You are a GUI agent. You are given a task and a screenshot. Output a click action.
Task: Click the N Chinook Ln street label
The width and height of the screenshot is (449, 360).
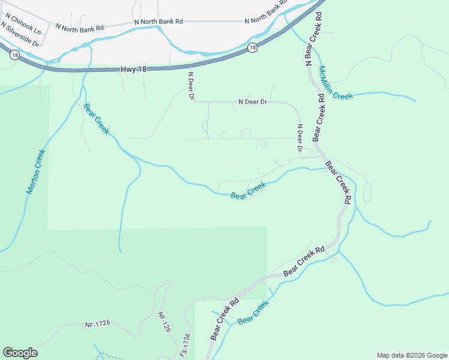click(x=22, y=28)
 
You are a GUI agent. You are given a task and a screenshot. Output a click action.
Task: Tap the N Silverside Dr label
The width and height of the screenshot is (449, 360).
click(x=19, y=36)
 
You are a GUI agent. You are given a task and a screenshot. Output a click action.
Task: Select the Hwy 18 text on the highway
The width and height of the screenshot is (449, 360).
click(x=134, y=70)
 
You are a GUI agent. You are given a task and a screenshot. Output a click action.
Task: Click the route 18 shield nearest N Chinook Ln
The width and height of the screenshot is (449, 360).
click(x=14, y=55)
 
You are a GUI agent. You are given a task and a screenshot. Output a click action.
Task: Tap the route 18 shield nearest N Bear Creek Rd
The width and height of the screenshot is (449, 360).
click(x=253, y=47)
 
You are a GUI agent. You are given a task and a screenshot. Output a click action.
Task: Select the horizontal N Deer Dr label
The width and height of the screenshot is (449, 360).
click(x=252, y=102)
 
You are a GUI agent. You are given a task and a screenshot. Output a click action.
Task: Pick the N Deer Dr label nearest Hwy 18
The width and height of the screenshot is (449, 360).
click(x=191, y=86)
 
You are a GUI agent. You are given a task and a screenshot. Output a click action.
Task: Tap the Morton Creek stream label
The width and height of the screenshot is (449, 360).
click(x=35, y=172)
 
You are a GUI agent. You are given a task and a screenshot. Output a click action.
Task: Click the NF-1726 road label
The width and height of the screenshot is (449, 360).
click(x=98, y=325)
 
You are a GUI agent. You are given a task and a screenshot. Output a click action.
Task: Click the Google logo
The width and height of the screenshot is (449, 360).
click(x=20, y=353)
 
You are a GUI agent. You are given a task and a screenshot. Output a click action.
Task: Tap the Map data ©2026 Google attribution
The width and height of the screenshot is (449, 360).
click(x=411, y=355)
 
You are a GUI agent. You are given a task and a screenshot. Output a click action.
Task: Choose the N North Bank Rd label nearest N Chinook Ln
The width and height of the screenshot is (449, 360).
click(x=79, y=27)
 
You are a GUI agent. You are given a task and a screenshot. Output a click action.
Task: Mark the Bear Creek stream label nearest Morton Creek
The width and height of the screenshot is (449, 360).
click(x=96, y=119)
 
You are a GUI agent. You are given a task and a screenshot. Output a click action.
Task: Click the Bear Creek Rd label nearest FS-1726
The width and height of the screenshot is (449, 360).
click(x=224, y=319)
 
